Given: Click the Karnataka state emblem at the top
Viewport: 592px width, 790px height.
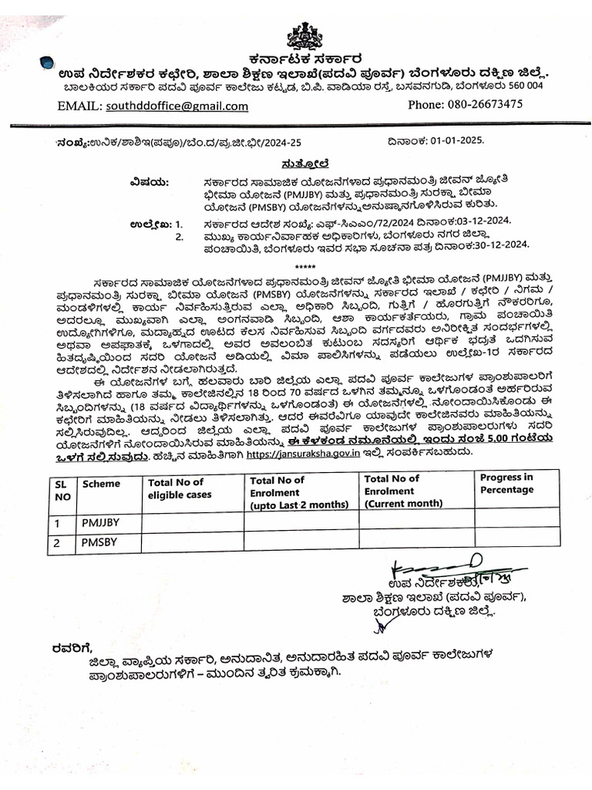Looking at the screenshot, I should tap(304, 35).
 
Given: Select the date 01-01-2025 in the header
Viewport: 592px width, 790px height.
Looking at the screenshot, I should tap(459, 141).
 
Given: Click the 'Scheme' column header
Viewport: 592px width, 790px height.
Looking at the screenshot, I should tap(102, 484).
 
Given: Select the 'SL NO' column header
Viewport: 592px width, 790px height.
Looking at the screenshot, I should tap(62, 490).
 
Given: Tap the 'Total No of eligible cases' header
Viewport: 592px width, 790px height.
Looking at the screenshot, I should tap(176, 488).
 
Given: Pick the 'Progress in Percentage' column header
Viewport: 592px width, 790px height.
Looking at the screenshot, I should tap(506, 483).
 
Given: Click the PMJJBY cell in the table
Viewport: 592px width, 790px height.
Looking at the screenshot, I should tap(102, 522).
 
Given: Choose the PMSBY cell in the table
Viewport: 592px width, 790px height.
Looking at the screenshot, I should tap(101, 542).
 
